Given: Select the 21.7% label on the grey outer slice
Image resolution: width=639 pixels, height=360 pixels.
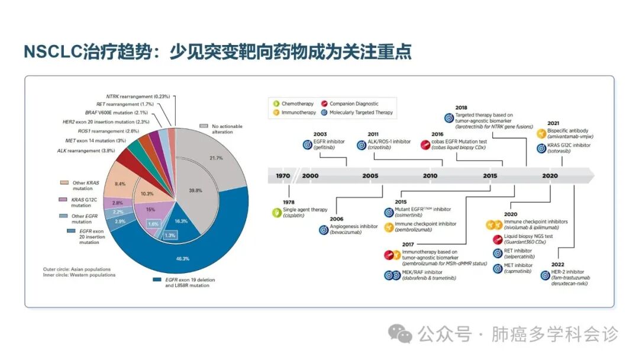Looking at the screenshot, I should pos(216,158).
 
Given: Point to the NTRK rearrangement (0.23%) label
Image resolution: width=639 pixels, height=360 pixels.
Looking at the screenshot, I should pos(138,96).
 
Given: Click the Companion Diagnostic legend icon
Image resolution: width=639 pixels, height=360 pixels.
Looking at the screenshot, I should pos(324,104).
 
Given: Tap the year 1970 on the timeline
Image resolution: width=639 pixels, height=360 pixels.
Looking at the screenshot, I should pos(283,176).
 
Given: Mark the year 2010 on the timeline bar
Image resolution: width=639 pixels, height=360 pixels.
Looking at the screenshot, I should pos(430,176).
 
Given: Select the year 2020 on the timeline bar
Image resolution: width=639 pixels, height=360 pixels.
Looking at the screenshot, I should pos(550,176).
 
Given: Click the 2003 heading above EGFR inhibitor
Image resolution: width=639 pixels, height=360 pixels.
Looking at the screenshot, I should pos(319,134).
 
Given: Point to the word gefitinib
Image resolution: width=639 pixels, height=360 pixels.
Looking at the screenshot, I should pos(326,147).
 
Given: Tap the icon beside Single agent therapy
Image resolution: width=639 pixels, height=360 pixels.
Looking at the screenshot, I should pos(276,212).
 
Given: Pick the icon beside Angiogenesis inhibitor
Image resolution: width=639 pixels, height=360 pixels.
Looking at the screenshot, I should pos(324,229).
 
